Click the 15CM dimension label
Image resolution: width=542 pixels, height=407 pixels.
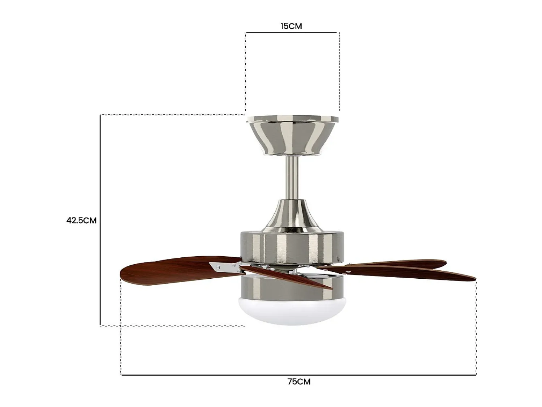pyautogui.click(x=291, y=26)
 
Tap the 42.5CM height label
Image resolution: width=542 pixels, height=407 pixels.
pyautogui.click(x=81, y=220)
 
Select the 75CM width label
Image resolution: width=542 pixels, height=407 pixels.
pyautogui.click(x=299, y=382)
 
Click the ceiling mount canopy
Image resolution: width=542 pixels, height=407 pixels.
pyautogui.click(x=292, y=136)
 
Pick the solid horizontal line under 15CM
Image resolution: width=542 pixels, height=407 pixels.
pyautogui.click(x=291, y=32)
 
